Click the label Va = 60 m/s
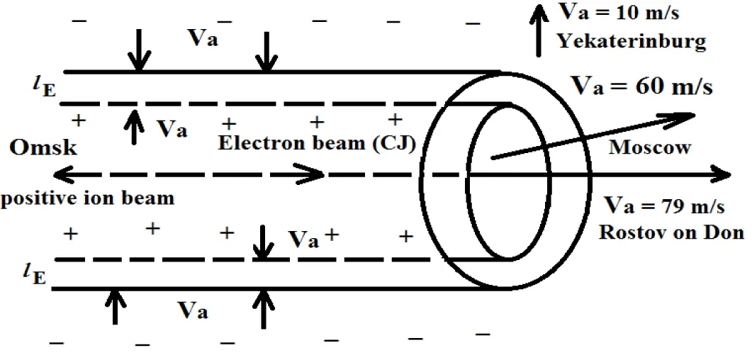[641, 87]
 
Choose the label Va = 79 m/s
[664, 207]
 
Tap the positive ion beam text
[87, 198]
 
